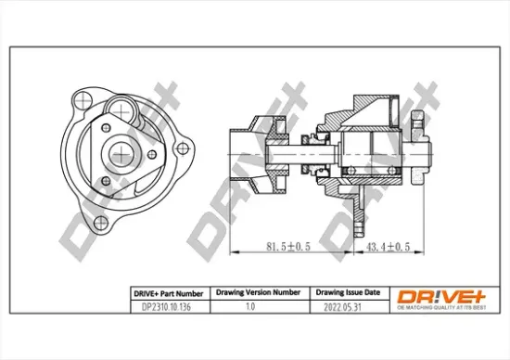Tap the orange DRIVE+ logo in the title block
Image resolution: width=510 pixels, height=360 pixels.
(x=441, y=295)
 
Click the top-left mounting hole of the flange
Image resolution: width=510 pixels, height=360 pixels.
(x=77, y=96)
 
